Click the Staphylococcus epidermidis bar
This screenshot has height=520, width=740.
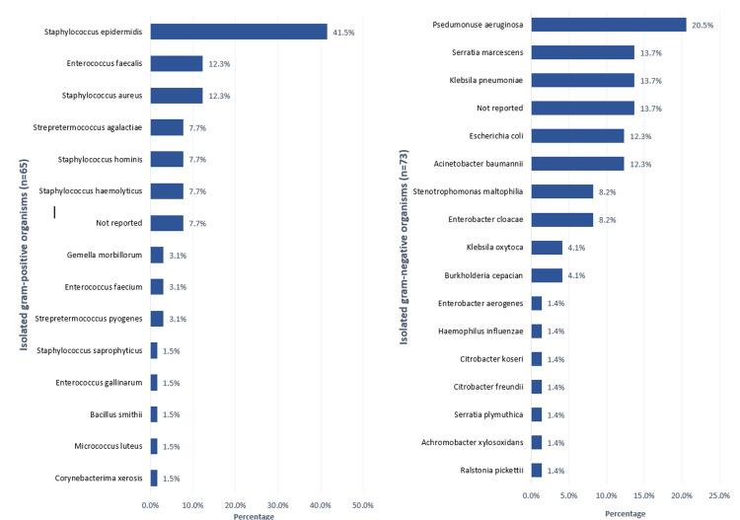tap(239, 32)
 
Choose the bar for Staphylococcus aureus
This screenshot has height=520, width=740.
tap(177, 96)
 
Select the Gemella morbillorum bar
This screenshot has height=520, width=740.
tap(157, 255)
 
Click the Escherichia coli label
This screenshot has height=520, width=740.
tap(494, 136)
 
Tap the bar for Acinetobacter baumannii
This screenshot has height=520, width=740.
tap(577, 164)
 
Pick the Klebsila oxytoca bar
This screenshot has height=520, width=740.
tap(547, 248)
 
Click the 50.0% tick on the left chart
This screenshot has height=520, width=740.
tap(362, 505)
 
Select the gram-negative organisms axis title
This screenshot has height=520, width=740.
tap(405, 261)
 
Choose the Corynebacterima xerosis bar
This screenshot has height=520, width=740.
tap(154, 478)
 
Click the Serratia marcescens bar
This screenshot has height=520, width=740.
tap(583, 52)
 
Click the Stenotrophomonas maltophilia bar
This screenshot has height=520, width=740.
tap(562, 191)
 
